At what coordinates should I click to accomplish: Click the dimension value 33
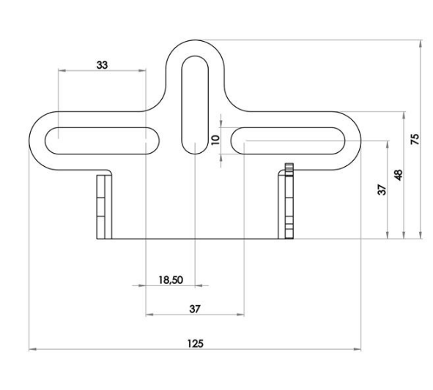click(102, 65)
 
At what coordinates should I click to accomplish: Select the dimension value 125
click(195, 342)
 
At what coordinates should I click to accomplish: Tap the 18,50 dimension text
click(170, 279)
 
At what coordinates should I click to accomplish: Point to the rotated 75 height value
click(415, 139)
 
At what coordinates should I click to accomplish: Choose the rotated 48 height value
click(398, 175)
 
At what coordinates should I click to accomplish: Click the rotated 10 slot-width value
click(215, 139)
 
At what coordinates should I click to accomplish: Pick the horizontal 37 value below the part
click(195, 309)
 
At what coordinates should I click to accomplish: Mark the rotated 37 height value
click(381, 190)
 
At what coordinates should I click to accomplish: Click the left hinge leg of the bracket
click(104, 207)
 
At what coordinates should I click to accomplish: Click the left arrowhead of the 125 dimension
click(32, 350)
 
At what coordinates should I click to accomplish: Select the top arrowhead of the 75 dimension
click(421, 43)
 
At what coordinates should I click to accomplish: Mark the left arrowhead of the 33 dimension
click(61, 71)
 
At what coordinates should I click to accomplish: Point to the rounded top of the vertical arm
click(195, 41)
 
